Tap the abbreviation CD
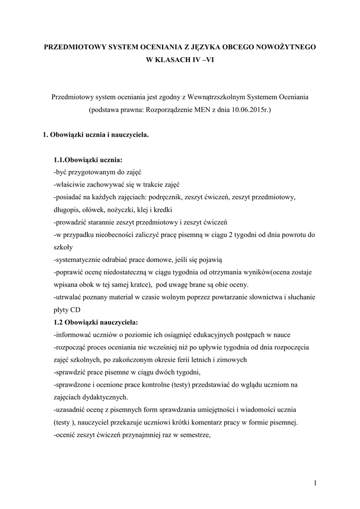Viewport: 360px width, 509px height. (x=75, y=309)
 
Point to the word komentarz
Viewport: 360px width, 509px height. (x=217, y=422)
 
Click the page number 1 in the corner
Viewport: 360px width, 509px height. (x=315, y=483)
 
